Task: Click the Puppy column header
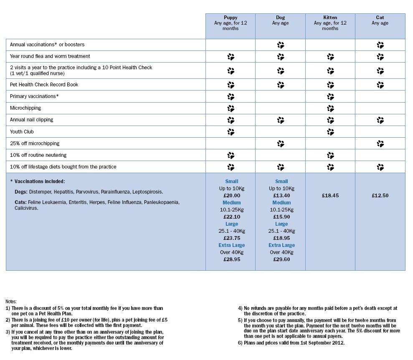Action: click(231, 18)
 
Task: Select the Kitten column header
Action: click(330, 18)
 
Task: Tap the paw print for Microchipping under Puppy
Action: click(231, 108)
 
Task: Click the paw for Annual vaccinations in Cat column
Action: click(380, 45)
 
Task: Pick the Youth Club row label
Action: click(22, 131)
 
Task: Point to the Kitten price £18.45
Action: click(330, 195)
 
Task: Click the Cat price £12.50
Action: click(380, 195)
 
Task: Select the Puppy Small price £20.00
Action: click(232, 195)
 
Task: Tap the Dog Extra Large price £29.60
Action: click(281, 259)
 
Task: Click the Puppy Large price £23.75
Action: click(232, 238)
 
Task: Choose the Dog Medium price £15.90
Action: click(281, 217)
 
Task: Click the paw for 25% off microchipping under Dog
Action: click(281, 143)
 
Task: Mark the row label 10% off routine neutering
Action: click(38, 155)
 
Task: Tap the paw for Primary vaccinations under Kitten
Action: click(330, 96)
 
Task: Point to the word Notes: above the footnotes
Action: click(11, 301)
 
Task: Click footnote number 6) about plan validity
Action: click(241, 343)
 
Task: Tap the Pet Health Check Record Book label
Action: click(44, 84)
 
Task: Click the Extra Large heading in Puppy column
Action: click(232, 245)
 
